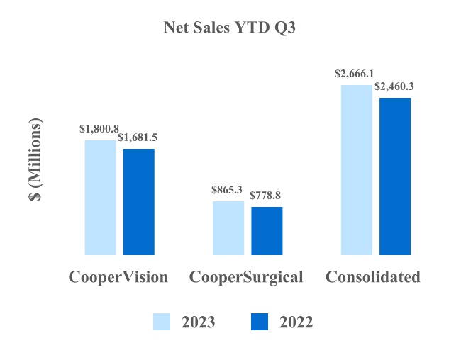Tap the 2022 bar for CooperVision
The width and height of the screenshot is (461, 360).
pyautogui.click(x=139, y=201)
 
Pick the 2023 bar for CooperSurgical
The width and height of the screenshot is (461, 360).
pyautogui.click(x=228, y=227)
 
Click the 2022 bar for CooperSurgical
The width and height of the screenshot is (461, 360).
pyautogui.click(x=267, y=230)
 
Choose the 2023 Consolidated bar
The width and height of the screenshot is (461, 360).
pyautogui.click(x=356, y=169)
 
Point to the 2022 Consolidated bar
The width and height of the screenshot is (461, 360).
pyautogui.click(x=395, y=176)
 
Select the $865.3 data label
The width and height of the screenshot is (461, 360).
pyautogui.click(x=227, y=190)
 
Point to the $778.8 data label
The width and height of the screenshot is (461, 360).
pyautogui.click(x=267, y=196)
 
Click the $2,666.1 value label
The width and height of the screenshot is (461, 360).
pyautogui.click(x=355, y=74)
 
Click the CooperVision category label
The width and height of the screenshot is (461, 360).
pyautogui.click(x=118, y=277)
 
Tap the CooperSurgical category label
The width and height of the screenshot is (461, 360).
pyautogui.click(x=246, y=277)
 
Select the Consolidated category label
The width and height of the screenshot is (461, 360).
pyautogui.click(x=373, y=277)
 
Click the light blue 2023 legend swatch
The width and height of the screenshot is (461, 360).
pyautogui.click(x=162, y=322)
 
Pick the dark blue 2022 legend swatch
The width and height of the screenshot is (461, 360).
pyautogui.click(x=260, y=322)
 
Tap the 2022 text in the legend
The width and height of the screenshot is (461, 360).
pyautogui.click(x=296, y=322)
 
